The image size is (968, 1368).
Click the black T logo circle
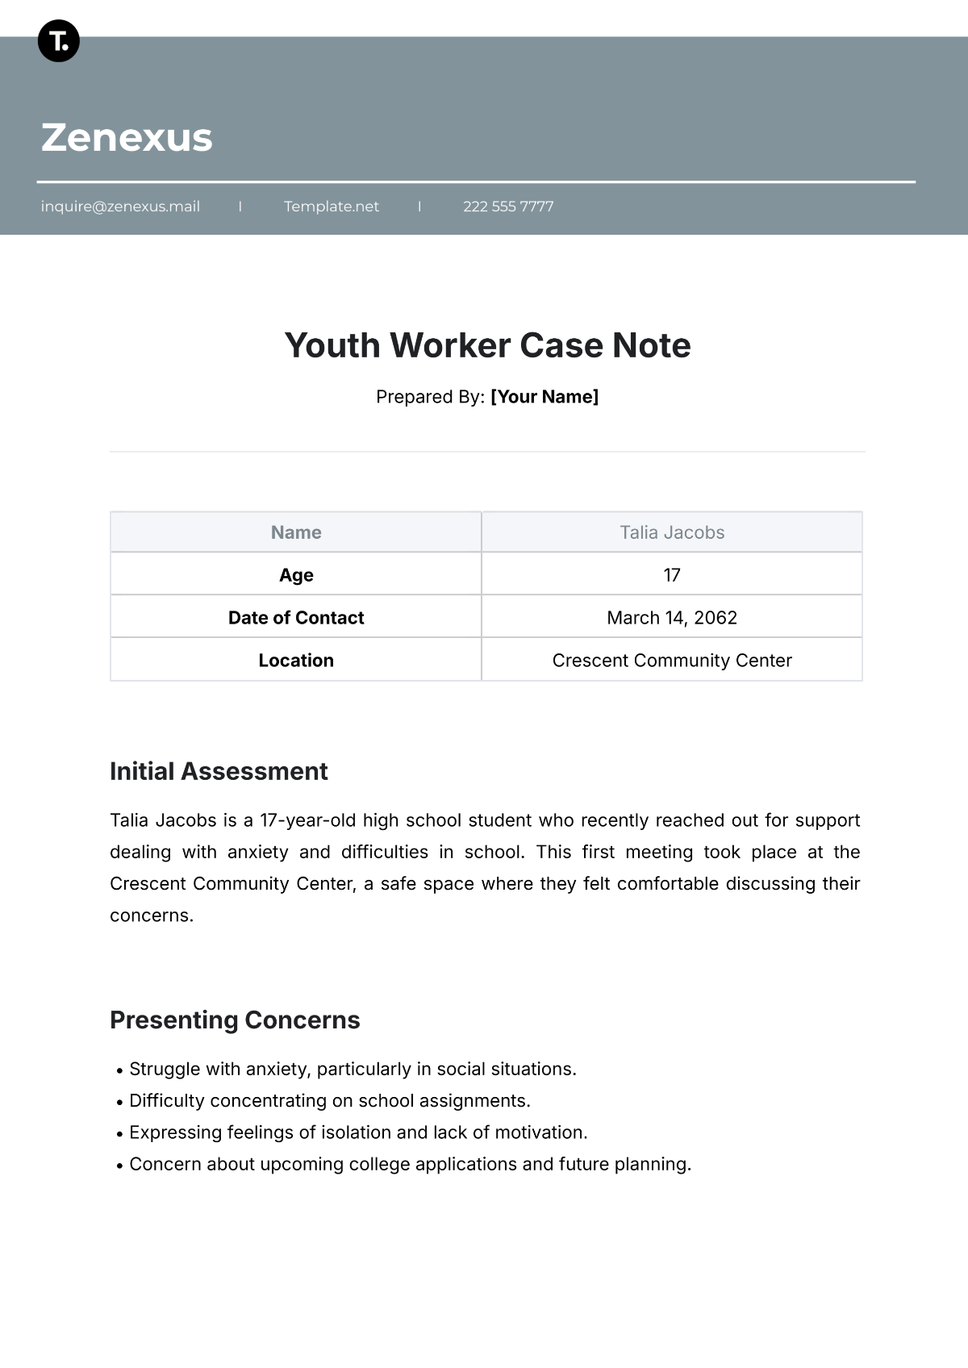(x=59, y=40)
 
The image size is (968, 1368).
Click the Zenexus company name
(x=127, y=137)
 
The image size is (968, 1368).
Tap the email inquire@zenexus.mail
(x=120, y=206)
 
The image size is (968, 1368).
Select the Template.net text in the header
(x=331, y=206)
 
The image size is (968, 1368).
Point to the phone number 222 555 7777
(x=508, y=206)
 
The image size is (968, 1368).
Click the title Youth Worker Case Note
(x=487, y=345)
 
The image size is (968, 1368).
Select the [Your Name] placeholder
(x=544, y=397)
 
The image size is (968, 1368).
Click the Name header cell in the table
(x=296, y=532)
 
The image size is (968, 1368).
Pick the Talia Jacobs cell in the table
(x=672, y=532)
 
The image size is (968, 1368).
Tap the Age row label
(x=296, y=575)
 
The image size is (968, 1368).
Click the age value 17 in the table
(x=672, y=575)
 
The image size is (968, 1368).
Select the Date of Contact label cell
(x=296, y=618)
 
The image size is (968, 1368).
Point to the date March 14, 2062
(x=672, y=618)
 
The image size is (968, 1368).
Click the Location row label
(x=296, y=661)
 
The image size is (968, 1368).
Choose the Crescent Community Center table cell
(x=672, y=661)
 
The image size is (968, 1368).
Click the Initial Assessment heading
(x=219, y=771)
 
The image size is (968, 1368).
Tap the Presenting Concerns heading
(x=235, y=1020)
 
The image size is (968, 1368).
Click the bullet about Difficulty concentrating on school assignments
(x=329, y=1101)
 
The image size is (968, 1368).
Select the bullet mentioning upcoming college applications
(x=410, y=1165)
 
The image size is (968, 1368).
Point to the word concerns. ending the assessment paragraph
(x=152, y=915)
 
